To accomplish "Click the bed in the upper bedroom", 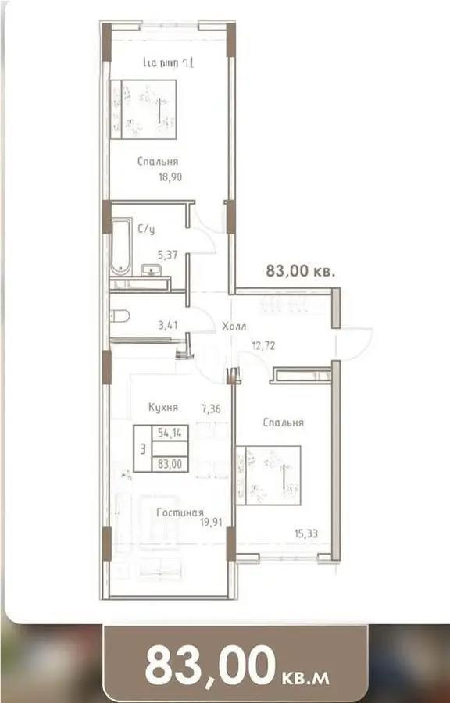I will pyautogui.click(x=143, y=109).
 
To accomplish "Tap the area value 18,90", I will pyautogui.click(x=170, y=178).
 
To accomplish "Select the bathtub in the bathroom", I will pyautogui.click(x=120, y=246).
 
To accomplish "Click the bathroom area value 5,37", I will pyautogui.click(x=170, y=254).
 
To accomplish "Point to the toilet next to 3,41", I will pyautogui.click(x=120, y=316).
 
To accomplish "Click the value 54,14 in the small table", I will pyautogui.click(x=170, y=432).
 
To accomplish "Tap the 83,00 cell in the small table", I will pyautogui.click(x=170, y=463).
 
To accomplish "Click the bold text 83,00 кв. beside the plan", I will pyautogui.click(x=301, y=272).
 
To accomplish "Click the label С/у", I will pyautogui.click(x=145, y=230).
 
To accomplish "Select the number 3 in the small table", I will pyautogui.click(x=141, y=448).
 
